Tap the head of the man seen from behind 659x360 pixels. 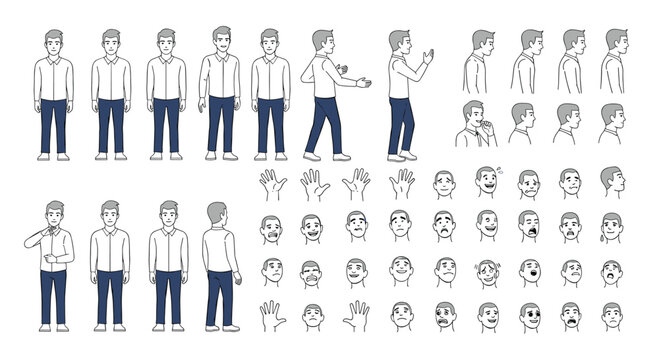point(217,214)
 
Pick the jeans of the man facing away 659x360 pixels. point(218,298)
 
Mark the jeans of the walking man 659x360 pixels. point(324,124)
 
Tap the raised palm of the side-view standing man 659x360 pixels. point(428,57)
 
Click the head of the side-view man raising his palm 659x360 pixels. point(399,43)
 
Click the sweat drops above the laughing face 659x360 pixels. point(499,171)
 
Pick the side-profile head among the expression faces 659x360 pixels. point(612,181)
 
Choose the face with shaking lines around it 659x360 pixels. point(488,272)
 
